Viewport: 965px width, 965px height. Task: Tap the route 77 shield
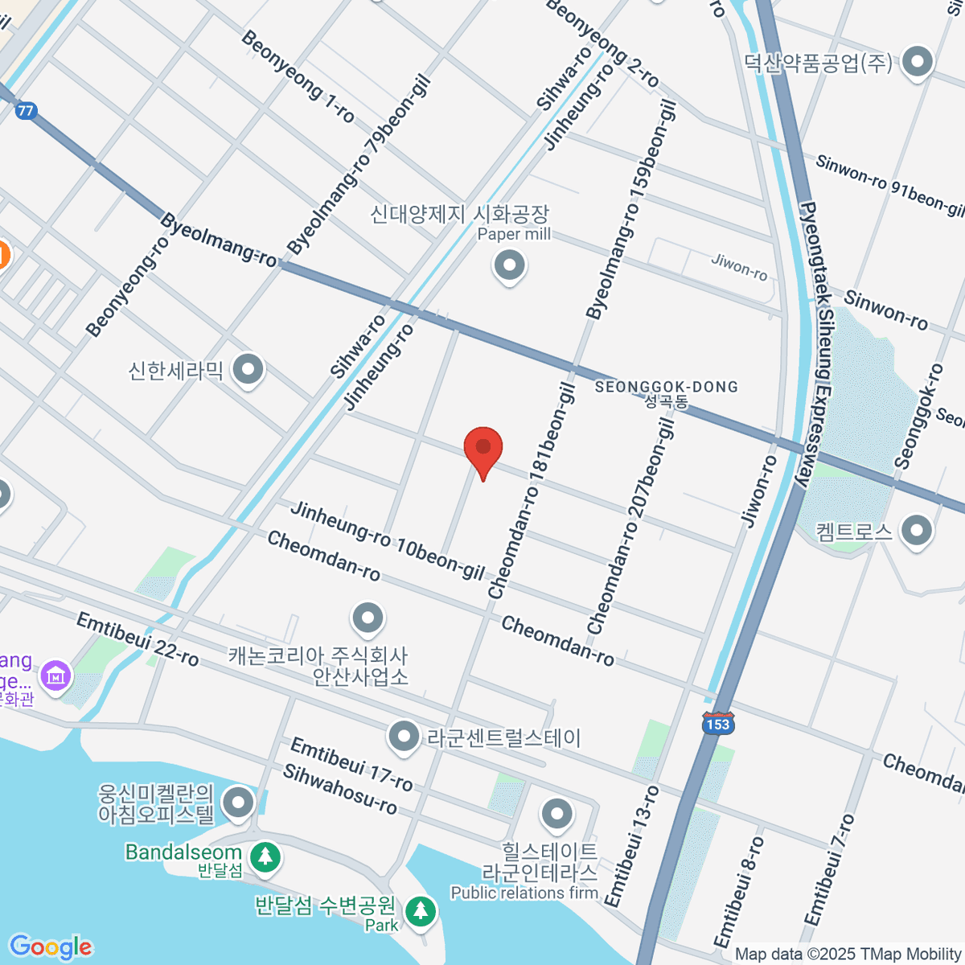pyautogui.click(x=27, y=110)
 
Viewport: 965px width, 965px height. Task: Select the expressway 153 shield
pyautogui.click(x=717, y=723)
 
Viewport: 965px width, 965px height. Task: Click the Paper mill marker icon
pyautogui.click(x=509, y=265)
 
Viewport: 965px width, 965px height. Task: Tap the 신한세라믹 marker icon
pyautogui.click(x=248, y=370)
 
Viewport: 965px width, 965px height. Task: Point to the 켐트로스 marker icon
pyautogui.click(x=917, y=531)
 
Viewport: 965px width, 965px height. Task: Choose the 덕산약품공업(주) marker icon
pyautogui.click(x=917, y=62)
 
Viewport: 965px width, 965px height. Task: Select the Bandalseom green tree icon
pyautogui.click(x=265, y=857)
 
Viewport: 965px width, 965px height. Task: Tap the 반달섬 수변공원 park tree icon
pyautogui.click(x=420, y=912)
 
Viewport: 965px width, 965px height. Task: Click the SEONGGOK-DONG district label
pyautogui.click(x=666, y=388)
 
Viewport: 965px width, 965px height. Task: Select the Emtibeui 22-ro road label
pyautogui.click(x=138, y=639)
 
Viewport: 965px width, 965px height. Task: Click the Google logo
pyautogui.click(x=51, y=947)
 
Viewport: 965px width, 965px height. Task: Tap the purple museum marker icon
pyautogui.click(x=55, y=675)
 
